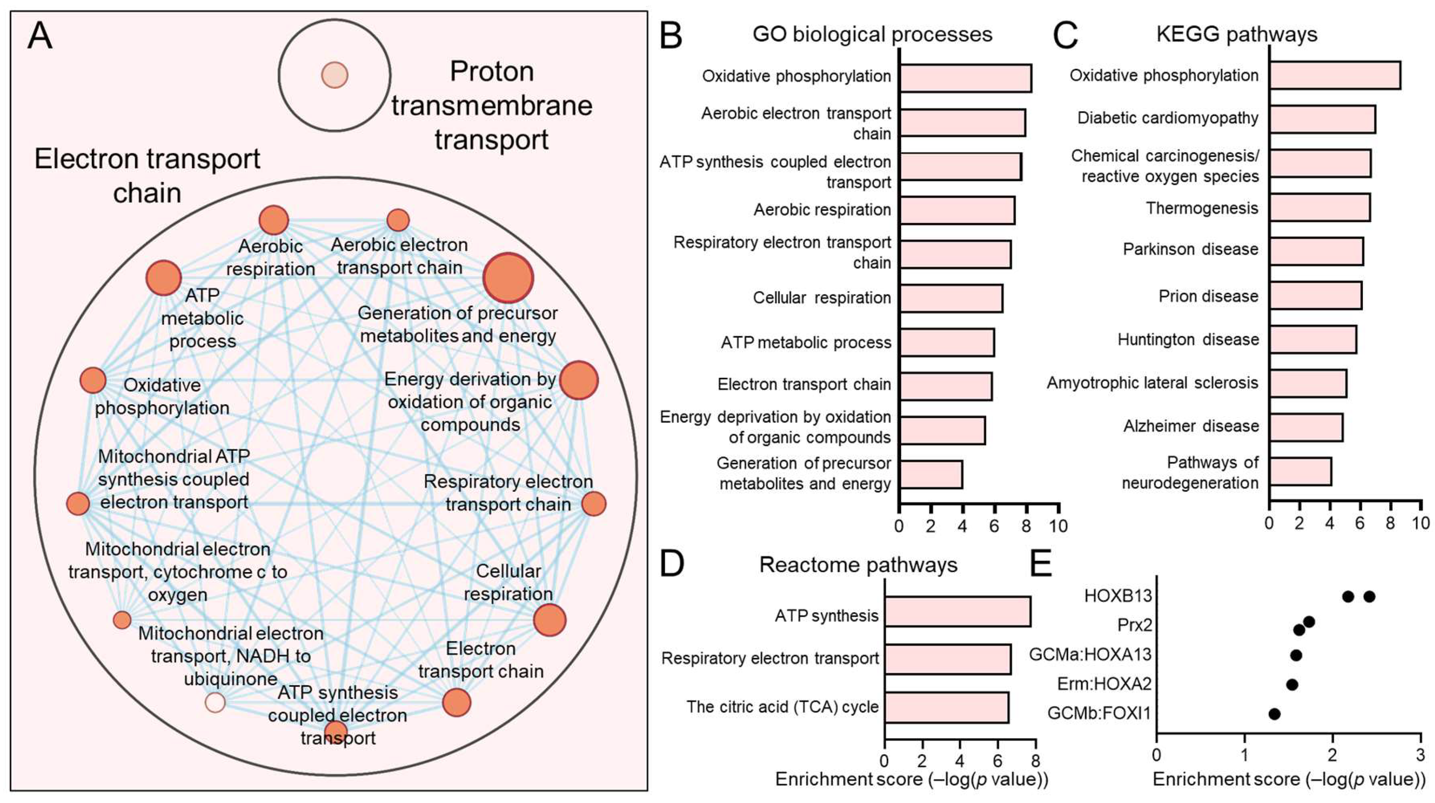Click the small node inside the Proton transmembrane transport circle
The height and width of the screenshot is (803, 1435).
coord(334,75)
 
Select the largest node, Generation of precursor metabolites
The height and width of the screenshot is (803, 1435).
coord(507,277)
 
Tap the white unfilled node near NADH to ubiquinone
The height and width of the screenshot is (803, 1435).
coord(215,702)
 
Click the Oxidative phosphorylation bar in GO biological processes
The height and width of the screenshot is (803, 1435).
coord(965,78)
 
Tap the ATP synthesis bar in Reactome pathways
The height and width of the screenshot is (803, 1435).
coord(957,611)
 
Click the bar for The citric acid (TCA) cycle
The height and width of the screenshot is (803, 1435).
coord(946,707)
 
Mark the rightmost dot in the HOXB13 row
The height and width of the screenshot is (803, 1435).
coord(1369,596)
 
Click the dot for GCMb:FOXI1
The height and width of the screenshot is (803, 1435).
coord(1274,713)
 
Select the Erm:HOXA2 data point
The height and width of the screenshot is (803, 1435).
coord(1292,684)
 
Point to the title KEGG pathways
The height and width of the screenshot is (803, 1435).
coord(1237,35)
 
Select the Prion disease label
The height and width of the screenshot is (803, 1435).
coord(1208,296)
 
